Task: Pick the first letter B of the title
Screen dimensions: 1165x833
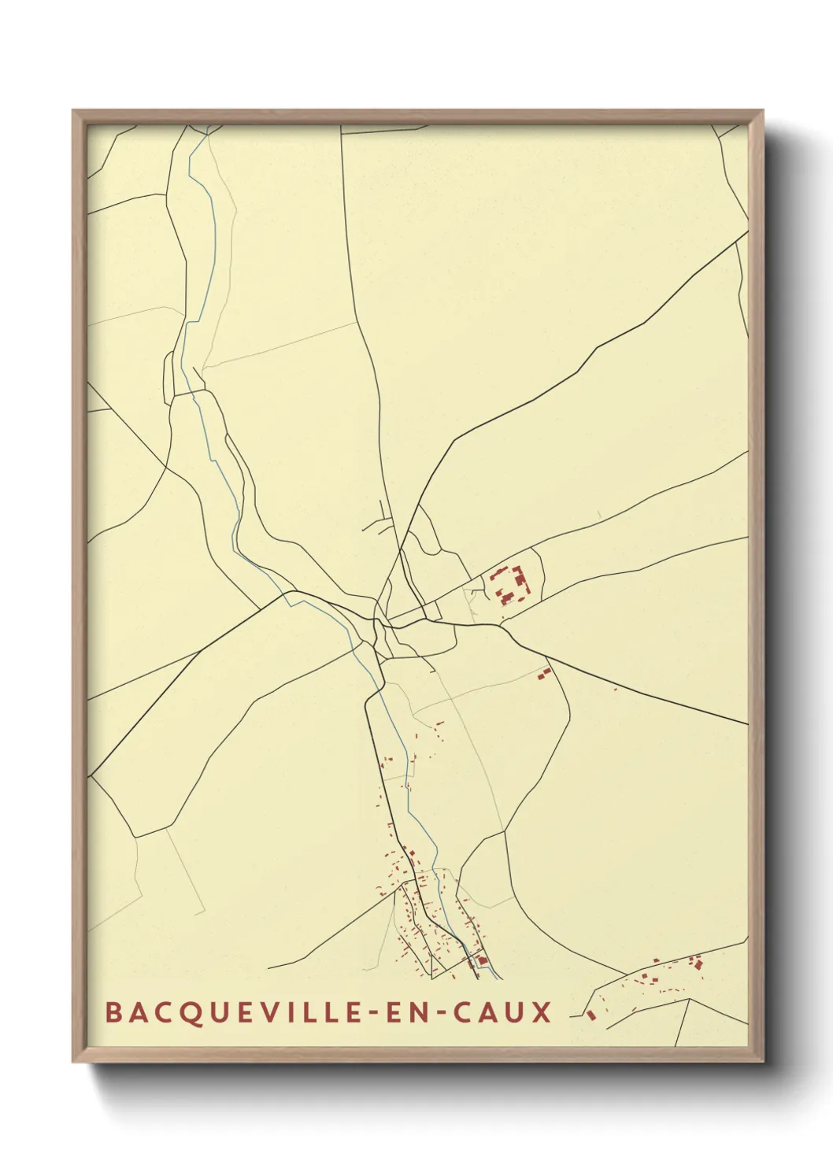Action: pyautogui.click(x=113, y=1012)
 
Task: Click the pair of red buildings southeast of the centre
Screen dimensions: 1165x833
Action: pyautogui.click(x=543, y=672)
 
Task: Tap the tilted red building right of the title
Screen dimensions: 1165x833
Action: pyautogui.click(x=591, y=1015)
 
